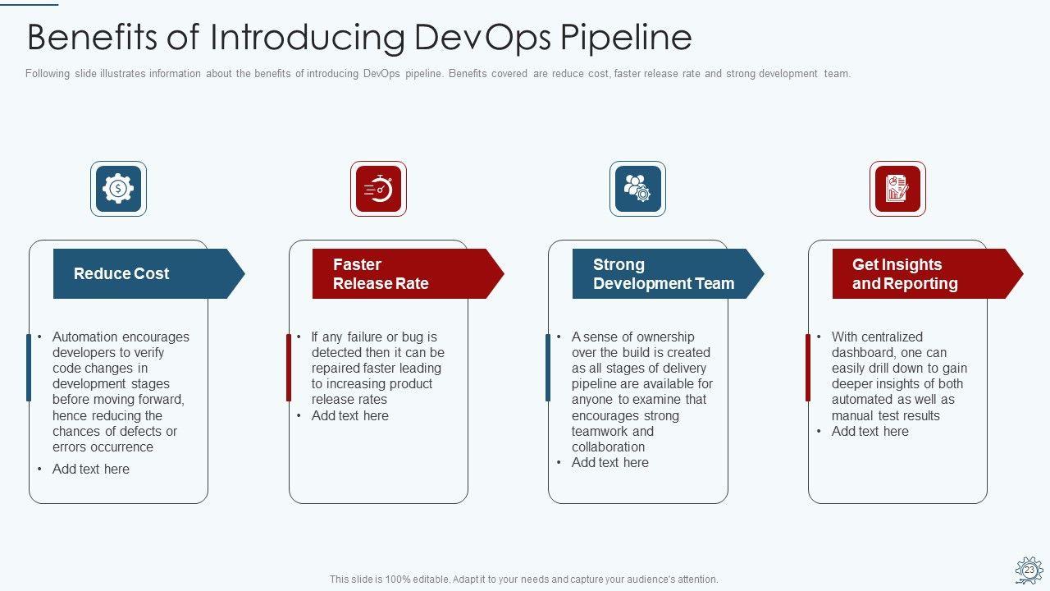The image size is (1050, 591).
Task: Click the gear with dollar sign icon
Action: (x=118, y=189)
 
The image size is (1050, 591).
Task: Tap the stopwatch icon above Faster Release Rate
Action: (x=378, y=189)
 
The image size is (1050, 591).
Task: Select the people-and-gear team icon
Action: (x=637, y=189)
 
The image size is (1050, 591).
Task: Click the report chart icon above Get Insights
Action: (x=897, y=189)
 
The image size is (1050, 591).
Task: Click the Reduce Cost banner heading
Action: (x=121, y=273)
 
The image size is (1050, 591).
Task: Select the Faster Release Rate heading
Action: (x=381, y=274)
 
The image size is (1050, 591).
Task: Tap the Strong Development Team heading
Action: (x=664, y=274)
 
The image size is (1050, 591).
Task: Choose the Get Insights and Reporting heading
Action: (x=905, y=274)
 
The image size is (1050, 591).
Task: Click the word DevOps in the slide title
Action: (x=483, y=37)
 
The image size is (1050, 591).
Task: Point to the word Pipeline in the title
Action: (x=626, y=37)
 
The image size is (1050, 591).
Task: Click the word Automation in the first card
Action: (x=85, y=337)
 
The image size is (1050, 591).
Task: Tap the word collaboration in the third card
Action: (x=608, y=447)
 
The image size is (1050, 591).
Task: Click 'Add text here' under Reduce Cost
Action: (x=91, y=469)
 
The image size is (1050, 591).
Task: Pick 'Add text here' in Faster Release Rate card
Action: (x=349, y=415)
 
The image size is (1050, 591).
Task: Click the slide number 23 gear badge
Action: (x=1029, y=570)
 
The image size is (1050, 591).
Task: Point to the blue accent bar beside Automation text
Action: (x=29, y=367)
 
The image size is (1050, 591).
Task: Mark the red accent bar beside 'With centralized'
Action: (x=808, y=367)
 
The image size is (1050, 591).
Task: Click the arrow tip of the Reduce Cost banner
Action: (x=244, y=274)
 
